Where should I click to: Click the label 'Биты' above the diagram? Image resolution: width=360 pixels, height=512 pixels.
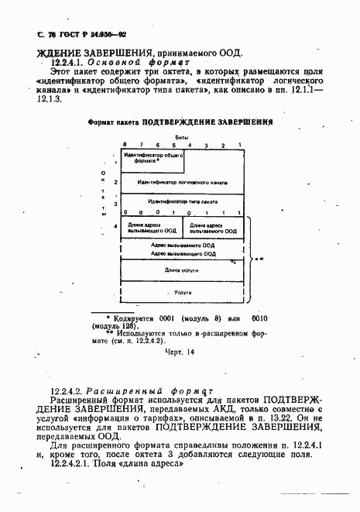point(182,136)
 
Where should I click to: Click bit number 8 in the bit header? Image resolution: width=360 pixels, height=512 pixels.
point(124,145)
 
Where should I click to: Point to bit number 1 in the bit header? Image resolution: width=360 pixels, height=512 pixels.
point(241,145)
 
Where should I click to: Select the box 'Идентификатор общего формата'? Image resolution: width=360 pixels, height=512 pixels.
point(152,160)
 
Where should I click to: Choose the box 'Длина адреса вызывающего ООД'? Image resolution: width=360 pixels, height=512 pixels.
point(152,229)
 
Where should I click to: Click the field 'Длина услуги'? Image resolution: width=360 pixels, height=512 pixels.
point(182,270)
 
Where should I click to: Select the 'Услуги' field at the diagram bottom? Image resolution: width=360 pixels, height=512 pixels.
point(182,293)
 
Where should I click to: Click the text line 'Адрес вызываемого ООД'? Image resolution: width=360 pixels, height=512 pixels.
point(182,245)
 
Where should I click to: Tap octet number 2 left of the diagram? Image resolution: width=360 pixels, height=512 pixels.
point(115,182)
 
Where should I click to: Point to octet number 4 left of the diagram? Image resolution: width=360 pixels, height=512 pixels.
point(115,227)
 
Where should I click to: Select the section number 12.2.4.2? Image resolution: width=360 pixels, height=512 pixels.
point(69,391)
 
